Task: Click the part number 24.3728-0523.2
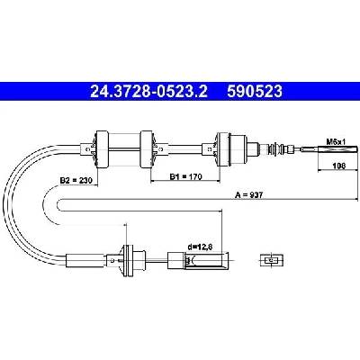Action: click(x=148, y=92)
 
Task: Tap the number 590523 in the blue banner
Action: click(x=255, y=92)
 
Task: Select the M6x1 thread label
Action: click(x=337, y=141)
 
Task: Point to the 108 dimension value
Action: click(x=338, y=166)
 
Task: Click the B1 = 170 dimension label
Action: click(x=186, y=176)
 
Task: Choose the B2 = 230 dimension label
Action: click(x=76, y=180)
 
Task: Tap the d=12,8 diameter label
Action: click(x=200, y=247)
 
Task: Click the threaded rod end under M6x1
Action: click(x=330, y=149)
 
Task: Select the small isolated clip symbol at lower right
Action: click(x=271, y=260)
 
